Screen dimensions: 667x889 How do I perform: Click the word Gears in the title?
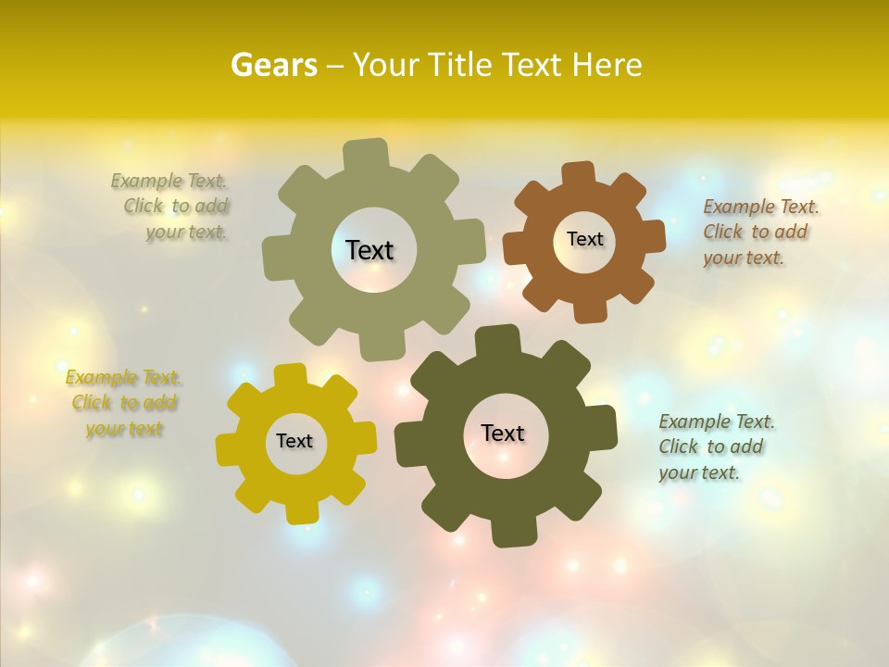(x=274, y=65)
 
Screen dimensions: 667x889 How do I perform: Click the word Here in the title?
(x=607, y=65)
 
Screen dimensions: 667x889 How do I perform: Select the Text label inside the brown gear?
(x=584, y=239)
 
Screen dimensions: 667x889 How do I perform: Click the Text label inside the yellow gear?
(x=294, y=442)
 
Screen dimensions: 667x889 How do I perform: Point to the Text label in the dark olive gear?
(x=503, y=434)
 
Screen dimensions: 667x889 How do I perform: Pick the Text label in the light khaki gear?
(x=369, y=250)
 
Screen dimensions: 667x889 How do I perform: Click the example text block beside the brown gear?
(x=761, y=233)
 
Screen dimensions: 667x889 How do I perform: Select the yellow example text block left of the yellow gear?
(x=123, y=403)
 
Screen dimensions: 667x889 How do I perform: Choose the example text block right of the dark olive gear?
(x=717, y=447)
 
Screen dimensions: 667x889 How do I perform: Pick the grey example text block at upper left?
(x=170, y=207)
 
